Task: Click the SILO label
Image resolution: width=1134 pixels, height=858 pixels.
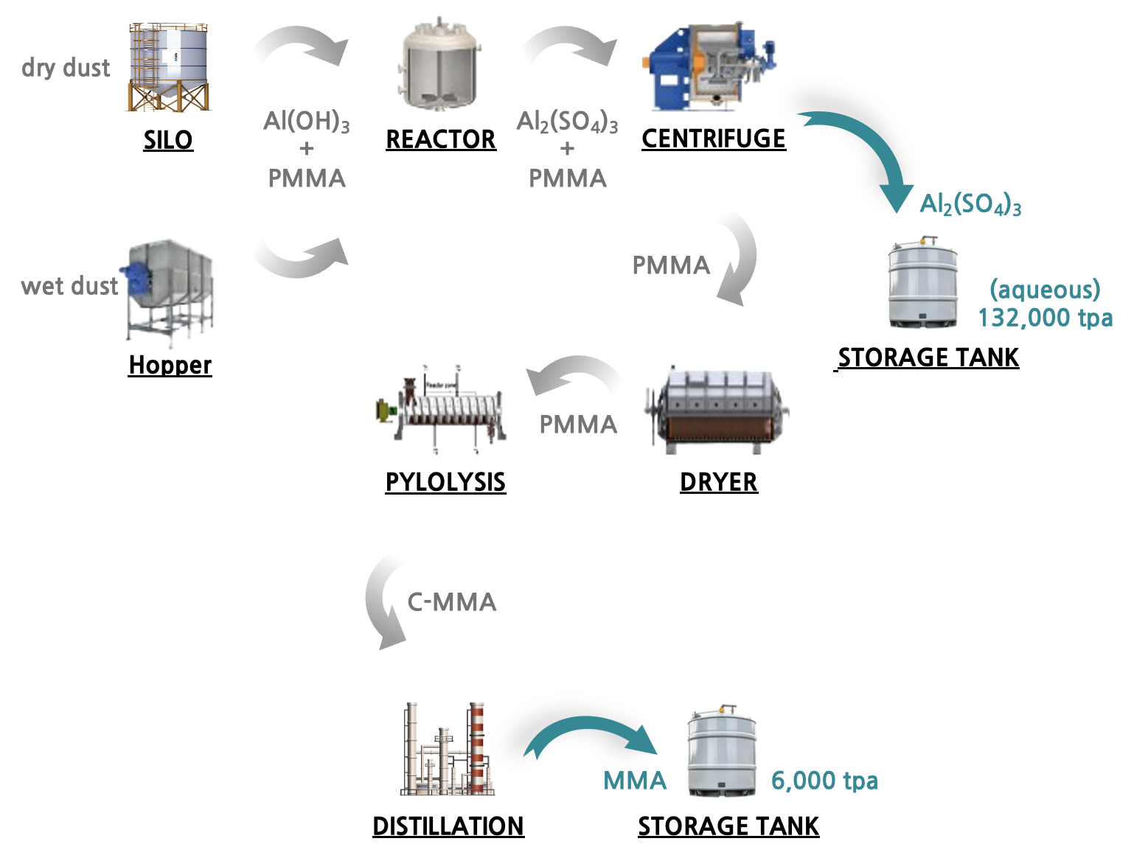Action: click(x=168, y=139)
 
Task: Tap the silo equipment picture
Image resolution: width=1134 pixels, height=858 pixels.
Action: click(x=168, y=66)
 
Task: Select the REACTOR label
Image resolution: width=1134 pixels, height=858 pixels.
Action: click(x=441, y=139)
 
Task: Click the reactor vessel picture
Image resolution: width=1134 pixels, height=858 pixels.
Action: click(x=439, y=64)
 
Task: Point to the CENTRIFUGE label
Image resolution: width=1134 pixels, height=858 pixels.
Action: click(x=714, y=139)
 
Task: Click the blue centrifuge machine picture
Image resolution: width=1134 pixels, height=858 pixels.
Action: click(x=709, y=66)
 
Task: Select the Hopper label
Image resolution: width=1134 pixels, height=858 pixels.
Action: click(x=170, y=365)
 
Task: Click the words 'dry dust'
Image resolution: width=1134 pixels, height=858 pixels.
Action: click(x=66, y=68)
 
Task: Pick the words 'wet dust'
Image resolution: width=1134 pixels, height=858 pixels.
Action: click(x=69, y=286)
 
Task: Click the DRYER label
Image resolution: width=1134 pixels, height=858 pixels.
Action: click(x=719, y=482)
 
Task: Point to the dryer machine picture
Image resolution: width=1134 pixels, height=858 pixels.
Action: click(x=717, y=411)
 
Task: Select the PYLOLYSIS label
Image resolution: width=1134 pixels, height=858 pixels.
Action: click(x=445, y=482)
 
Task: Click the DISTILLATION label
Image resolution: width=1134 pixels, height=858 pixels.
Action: click(x=448, y=826)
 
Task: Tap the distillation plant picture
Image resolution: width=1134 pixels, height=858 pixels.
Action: click(x=447, y=749)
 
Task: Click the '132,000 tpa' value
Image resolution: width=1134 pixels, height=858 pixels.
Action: click(x=1045, y=318)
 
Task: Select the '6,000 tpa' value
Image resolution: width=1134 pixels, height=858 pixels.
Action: click(x=824, y=781)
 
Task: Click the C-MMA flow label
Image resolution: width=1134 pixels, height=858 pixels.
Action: click(x=451, y=602)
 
